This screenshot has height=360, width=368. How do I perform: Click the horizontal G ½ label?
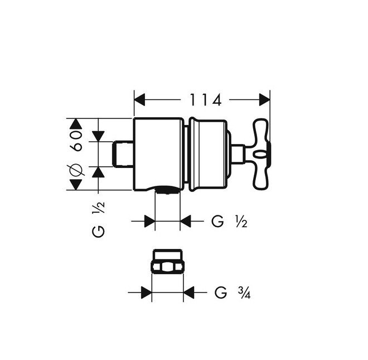click(x=229, y=222)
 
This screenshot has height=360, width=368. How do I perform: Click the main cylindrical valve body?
click(x=158, y=153)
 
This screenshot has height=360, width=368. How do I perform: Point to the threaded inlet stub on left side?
click(x=124, y=153)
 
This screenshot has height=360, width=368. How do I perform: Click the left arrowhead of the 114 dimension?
click(x=141, y=100)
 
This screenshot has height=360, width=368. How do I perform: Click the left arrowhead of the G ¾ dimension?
click(x=146, y=292)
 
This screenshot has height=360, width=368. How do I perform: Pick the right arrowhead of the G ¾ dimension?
click(x=189, y=292)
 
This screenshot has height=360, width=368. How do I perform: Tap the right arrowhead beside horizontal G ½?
click(x=186, y=222)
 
